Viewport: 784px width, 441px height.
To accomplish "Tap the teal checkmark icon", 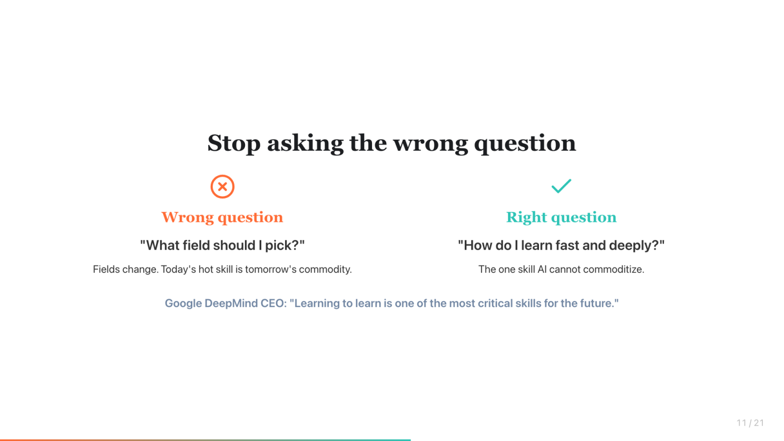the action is (561, 186).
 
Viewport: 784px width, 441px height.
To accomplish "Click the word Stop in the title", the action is (234, 143).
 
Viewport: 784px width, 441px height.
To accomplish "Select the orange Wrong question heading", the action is (222, 218).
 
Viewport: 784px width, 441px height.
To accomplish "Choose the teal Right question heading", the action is (561, 218).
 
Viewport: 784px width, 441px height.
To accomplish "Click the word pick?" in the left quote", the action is (285, 246).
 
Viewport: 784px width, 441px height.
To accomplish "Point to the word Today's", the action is (178, 270).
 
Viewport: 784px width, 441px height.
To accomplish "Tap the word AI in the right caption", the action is (542, 270).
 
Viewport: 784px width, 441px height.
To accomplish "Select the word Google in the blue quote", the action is (183, 303).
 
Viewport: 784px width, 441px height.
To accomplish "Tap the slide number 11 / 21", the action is (750, 423).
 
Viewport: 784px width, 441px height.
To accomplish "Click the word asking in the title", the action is (305, 143).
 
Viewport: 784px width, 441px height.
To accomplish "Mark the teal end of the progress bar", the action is (410, 440).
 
